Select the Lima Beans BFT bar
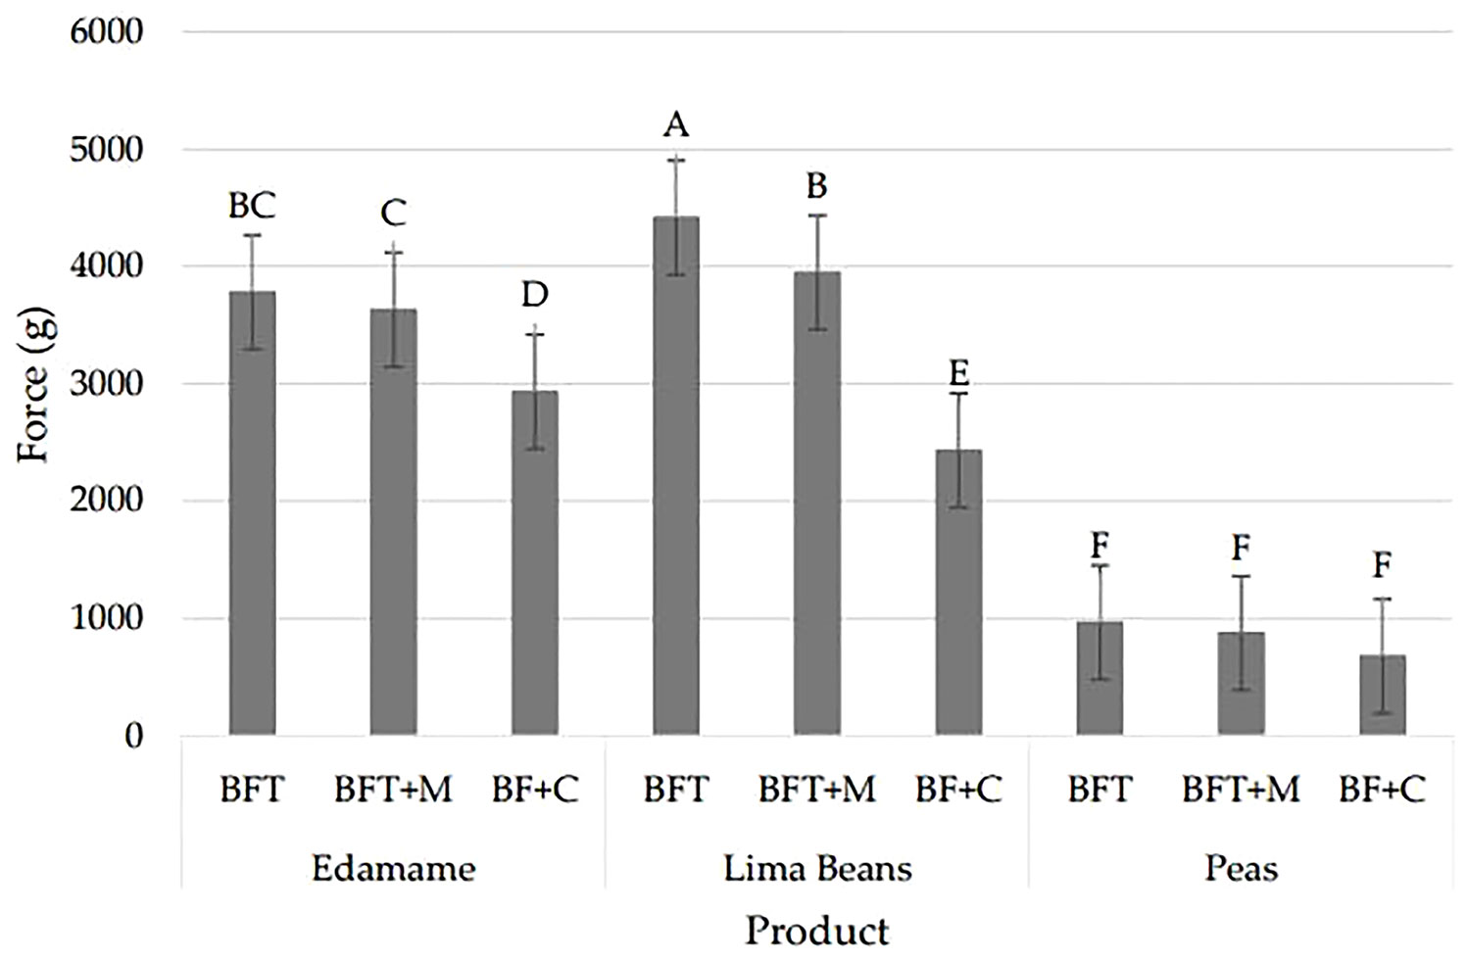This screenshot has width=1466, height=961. (x=676, y=476)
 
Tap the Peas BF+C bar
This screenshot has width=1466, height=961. (x=1382, y=695)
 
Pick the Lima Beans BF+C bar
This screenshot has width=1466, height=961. (x=958, y=592)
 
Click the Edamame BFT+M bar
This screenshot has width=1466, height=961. (x=393, y=521)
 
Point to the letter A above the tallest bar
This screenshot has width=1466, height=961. (x=676, y=124)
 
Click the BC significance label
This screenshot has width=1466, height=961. (x=252, y=206)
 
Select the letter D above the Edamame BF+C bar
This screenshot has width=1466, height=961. (x=534, y=293)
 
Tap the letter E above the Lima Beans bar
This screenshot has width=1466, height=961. (x=958, y=372)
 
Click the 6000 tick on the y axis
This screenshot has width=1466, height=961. (x=107, y=31)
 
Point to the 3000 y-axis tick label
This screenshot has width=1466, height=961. (x=107, y=383)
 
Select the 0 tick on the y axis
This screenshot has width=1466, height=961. (x=133, y=736)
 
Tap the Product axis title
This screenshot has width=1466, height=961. (x=816, y=930)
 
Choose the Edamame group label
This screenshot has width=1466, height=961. (x=393, y=868)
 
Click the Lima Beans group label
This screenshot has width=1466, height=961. (x=817, y=868)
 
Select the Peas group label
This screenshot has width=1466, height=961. (x=1241, y=868)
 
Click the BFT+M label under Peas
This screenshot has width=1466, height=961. (x=1241, y=789)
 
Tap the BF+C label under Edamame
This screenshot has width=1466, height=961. (x=535, y=789)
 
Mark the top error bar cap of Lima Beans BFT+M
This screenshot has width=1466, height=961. (x=817, y=216)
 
